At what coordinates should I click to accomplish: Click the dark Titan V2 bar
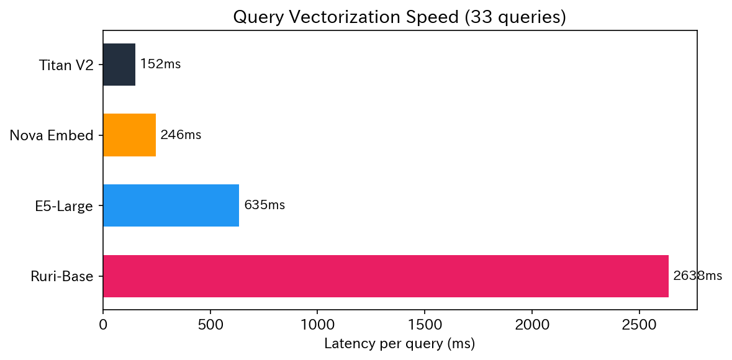tap(119, 65)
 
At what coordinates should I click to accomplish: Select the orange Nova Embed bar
tap(129, 135)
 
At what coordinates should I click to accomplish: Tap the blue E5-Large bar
tap(171, 205)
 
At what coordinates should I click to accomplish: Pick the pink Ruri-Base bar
tap(386, 276)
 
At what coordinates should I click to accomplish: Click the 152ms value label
tap(160, 65)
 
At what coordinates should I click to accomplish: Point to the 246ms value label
tap(181, 135)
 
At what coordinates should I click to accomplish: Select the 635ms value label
tap(264, 205)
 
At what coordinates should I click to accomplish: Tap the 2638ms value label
tap(698, 276)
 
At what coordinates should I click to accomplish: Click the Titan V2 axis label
tap(66, 65)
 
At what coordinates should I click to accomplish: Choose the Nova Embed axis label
tap(52, 135)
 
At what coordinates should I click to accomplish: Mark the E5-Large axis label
tap(64, 205)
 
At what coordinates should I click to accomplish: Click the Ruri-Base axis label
tap(62, 276)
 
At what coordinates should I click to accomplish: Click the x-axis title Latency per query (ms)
tap(399, 343)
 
